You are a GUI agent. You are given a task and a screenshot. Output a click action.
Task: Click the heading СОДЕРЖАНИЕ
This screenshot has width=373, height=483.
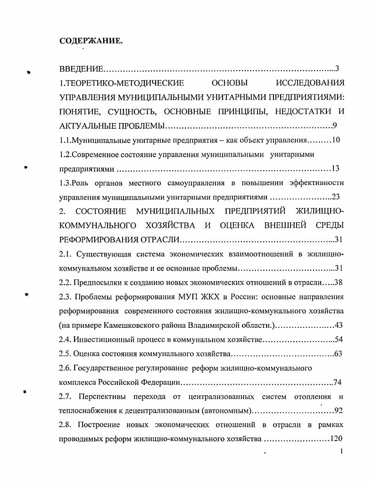91,41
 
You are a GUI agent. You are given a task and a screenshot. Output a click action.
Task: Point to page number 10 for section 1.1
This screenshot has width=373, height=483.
336,140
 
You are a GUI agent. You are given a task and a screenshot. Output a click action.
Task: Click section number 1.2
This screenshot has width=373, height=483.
66,154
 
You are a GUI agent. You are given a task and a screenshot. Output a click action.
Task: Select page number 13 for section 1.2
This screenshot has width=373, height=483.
336,168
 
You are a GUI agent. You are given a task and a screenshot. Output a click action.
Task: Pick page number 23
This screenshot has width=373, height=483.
336,197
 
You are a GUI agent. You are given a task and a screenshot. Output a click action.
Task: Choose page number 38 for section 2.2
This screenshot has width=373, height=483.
338,283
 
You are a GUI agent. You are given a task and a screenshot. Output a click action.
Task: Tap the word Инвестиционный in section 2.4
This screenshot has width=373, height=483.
102,340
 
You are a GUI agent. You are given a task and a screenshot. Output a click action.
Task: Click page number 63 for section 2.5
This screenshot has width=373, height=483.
338,354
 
